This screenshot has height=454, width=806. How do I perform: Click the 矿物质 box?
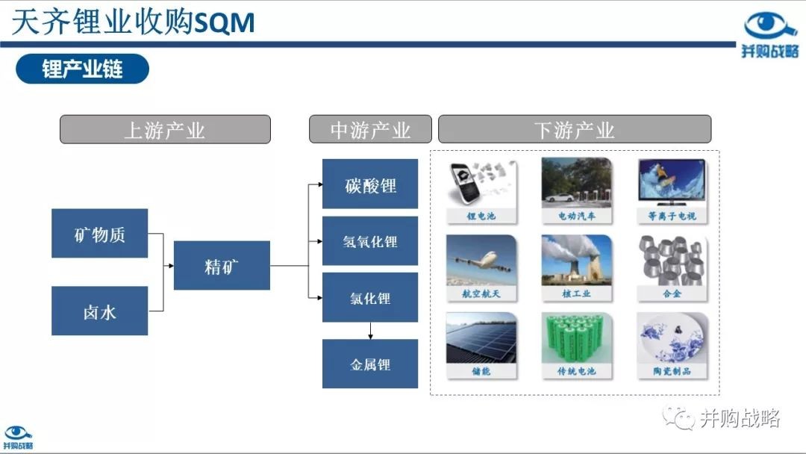click(x=100, y=233)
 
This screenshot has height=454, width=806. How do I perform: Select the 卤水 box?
click(x=100, y=311)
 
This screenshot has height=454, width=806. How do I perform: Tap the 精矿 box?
click(x=222, y=265)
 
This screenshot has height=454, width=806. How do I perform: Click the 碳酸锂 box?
click(x=370, y=184)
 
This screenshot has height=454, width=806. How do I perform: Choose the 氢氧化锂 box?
click(x=370, y=240)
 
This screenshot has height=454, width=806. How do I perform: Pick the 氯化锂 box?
click(x=370, y=297)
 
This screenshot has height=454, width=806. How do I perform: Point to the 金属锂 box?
click(x=370, y=364)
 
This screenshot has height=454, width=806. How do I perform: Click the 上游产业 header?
click(x=165, y=129)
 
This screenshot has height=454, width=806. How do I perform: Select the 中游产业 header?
click(x=370, y=129)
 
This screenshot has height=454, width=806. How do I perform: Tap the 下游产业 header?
click(x=575, y=129)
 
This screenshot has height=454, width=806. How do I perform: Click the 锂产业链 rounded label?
click(x=82, y=69)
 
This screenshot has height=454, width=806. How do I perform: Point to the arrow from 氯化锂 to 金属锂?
click(x=370, y=331)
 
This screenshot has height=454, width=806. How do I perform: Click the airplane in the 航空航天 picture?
click(x=482, y=262)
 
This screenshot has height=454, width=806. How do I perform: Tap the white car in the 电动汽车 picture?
click(x=559, y=197)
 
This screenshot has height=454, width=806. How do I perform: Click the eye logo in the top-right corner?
click(x=769, y=25)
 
